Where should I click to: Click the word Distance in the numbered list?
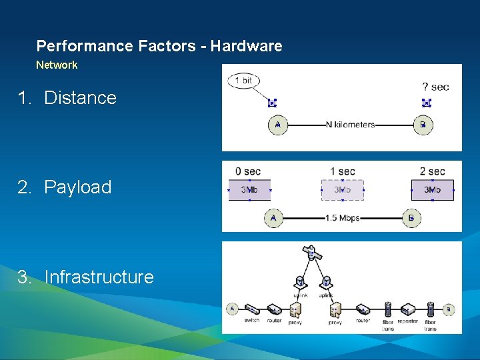tap(80, 98)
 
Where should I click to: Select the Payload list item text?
tap(77, 187)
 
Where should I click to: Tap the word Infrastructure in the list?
tap(99, 277)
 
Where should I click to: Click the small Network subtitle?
tap(57, 65)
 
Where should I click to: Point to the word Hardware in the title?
tap(246, 46)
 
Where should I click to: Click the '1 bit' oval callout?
tap(243, 81)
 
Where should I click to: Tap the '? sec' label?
tap(435, 87)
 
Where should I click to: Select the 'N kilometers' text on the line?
tap(350, 125)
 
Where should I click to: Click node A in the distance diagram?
tap(277, 125)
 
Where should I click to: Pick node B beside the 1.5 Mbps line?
tap(411, 217)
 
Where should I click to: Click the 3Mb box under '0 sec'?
tap(249, 190)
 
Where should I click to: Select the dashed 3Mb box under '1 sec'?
tap(342, 190)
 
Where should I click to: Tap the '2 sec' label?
tap(432, 172)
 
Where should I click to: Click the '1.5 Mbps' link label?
tap(342, 218)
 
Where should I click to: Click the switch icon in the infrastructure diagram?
tap(252, 310)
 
